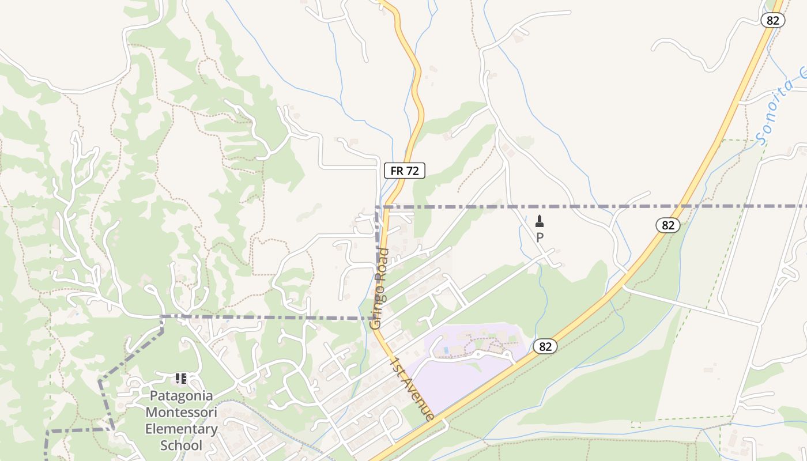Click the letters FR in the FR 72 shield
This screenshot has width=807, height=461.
click(397, 171)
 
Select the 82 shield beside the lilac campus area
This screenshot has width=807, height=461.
click(545, 346)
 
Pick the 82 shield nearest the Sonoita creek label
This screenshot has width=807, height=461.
click(772, 20)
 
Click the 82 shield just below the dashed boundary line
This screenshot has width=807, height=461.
click(668, 225)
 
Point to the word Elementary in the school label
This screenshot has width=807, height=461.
click(181, 429)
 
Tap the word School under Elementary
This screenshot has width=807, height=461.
click(181, 445)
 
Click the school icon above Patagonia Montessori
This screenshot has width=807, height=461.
click(181, 379)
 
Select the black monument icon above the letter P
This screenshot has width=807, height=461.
click(540, 221)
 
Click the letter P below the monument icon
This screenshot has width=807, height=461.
click(540, 237)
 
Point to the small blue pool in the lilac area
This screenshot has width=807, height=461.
click(446, 350)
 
